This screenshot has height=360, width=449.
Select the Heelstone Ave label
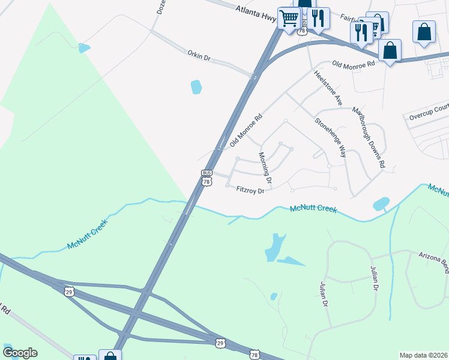coord(327,88)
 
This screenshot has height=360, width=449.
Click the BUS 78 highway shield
coord(207,178)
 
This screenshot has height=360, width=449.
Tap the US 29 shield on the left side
coord(69,291)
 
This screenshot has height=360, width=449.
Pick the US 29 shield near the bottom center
coord(220,343)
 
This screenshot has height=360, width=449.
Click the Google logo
coord(20,353)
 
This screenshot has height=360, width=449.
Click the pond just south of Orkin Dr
coord(196,88)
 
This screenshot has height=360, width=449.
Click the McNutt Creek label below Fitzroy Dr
coord(312,209)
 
